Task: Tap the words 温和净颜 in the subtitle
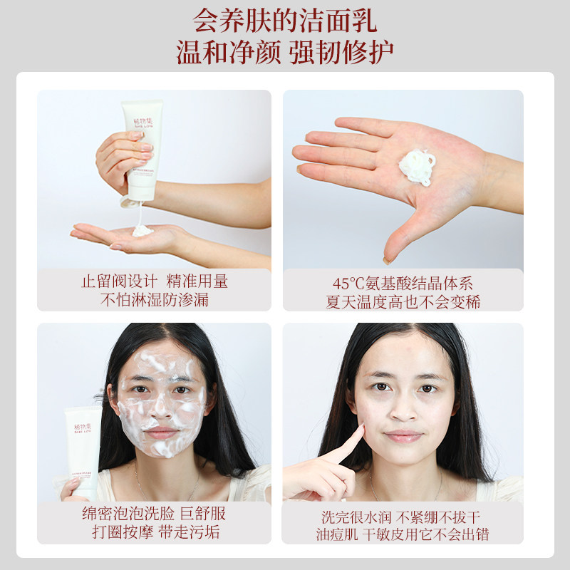[x=224, y=53]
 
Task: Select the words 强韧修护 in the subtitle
[x=342, y=53]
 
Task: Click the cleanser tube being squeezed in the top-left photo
[x=142, y=150]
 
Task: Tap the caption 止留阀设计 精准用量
[x=155, y=281]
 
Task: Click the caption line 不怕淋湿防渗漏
[x=155, y=299]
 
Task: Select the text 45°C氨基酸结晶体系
[x=403, y=282]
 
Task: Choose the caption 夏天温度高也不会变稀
[x=403, y=301]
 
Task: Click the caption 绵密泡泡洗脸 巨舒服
[x=155, y=514]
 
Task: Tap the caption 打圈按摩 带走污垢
[x=155, y=533]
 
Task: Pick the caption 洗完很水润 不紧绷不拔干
[x=403, y=514]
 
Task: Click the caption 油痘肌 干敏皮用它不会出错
[x=403, y=534]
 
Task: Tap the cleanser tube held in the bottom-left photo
[x=83, y=449]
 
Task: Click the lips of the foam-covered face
[x=163, y=432]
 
